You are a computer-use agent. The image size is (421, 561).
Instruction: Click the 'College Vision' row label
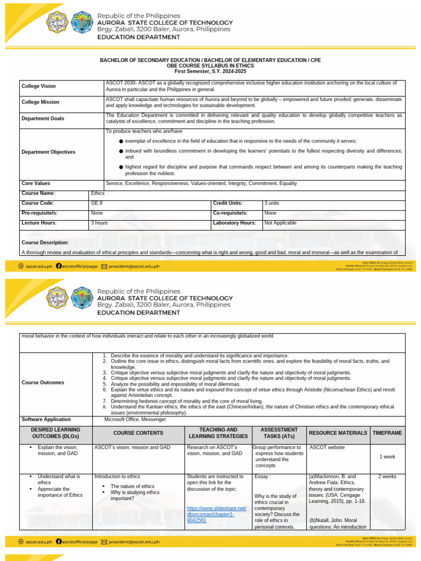pyautogui.click(x=38, y=87)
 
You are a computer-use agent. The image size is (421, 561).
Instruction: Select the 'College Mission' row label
pyautogui.click(x=40, y=102)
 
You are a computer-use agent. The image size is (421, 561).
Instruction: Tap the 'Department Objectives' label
pyautogui.click(x=48, y=152)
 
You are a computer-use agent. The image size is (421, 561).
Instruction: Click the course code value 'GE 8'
pyautogui.click(x=96, y=203)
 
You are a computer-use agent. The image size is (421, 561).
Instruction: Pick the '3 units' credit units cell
pyautogui.click(x=272, y=203)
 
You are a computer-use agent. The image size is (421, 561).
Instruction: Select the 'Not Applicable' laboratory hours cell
pyautogui.click(x=280, y=223)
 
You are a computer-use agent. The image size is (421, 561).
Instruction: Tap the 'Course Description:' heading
pyautogui.click(x=45, y=243)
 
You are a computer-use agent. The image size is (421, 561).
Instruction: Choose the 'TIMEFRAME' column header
pyautogui.click(x=387, y=433)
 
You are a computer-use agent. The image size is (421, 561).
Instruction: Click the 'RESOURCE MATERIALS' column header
pyautogui.click(x=338, y=433)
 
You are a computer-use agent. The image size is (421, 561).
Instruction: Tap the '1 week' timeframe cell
pyautogui.click(x=387, y=456)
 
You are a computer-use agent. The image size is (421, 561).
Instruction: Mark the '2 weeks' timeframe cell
pyautogui.click(x=387, y=477)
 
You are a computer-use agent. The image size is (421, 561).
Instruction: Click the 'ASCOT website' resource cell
pyautogui.click(x=327, y=448)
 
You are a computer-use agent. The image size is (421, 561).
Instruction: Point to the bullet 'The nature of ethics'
pyautogui.click(x=132, y=486)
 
